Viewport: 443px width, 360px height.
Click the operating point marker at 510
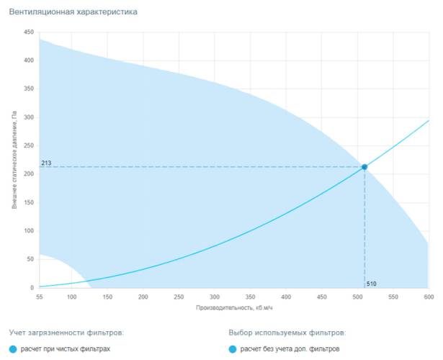tap(364, 167)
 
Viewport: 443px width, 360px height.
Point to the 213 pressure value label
tap(46, 163)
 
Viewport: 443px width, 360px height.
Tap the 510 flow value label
tap(372, 283)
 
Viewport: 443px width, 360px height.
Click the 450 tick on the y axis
tap(29, 32)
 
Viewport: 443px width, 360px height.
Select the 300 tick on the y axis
tap(29, 117)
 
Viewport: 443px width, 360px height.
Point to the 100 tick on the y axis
tap(29, 231)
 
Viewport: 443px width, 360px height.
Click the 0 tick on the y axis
tap(32, 288)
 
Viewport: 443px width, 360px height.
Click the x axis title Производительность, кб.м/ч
tap(234, 307)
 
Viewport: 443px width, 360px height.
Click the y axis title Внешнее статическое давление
tap(14, 160)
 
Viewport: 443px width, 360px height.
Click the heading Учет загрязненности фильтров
tap(66, 333)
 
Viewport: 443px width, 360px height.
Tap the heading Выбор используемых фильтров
tap(287, 333)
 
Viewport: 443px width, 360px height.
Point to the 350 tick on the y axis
tap(29, 89)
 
